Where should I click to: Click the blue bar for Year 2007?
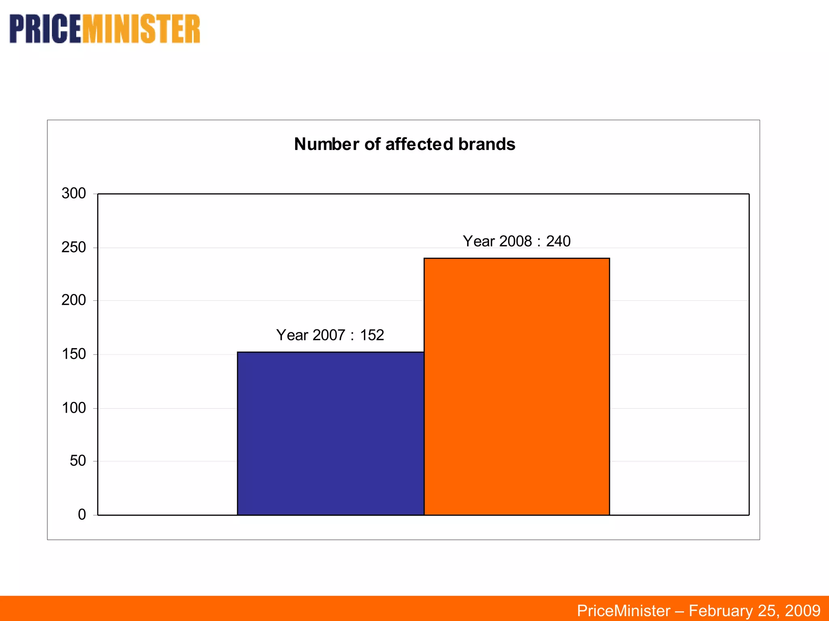(x=330, y=433)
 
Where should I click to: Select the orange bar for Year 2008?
(x=517, y=387)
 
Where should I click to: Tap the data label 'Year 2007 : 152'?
(x=330, y=335)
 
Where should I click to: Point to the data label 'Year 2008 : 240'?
(x=517, y=241)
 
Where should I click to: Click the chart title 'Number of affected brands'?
(x=404, y=144)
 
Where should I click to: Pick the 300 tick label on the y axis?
(x=74, y=193)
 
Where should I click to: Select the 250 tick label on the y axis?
(x=74, y=247)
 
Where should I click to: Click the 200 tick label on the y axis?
(x=74, y=300)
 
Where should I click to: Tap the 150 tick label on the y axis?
(x=74, y=354)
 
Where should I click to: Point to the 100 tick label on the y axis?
(x=74, y=408)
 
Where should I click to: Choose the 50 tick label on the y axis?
(x=78, y=460)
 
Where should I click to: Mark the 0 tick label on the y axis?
(x=82, y=514)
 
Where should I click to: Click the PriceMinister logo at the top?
(x=105, y=29)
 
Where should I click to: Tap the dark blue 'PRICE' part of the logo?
(x=45, y=29)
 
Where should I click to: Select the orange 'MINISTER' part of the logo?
(x=141, y=29)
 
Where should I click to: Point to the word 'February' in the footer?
(x=720, y=610)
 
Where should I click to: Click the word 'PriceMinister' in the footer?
(x=623, y=610)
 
